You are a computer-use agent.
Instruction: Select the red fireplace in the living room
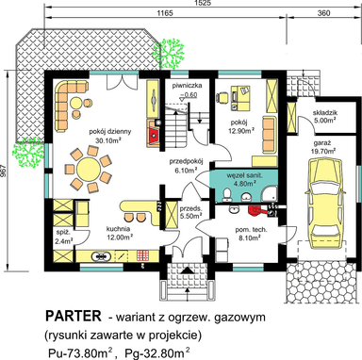click(154, 136)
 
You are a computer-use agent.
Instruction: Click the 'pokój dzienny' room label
click(109, 131)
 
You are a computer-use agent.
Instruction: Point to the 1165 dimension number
click(165, 13)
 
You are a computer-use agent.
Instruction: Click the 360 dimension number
click(323, 13)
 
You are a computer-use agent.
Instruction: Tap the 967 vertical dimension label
click(4, 172)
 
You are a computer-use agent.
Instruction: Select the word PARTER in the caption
click(74, 316)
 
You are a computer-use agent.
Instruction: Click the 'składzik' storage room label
click(325, 113)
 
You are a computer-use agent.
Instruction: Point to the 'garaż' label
click(321, 144)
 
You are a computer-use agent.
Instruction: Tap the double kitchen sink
click(101, 256)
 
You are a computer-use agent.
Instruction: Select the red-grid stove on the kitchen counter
click(142, 256)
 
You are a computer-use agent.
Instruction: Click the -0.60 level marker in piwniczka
click(189, 95)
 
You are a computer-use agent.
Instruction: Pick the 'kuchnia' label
click(118, 229)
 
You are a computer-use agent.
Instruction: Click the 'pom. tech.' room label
click(251, 230)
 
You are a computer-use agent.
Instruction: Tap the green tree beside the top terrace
click(168, 54)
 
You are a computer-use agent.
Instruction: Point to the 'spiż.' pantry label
click(60, 232)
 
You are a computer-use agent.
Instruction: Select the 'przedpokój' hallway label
click(186, 162)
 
